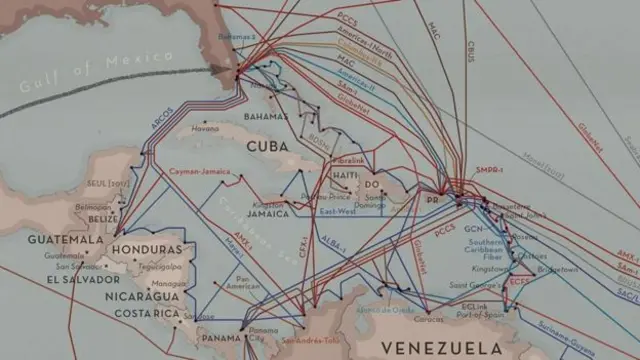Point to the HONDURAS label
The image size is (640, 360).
pyautogui.click(x=147, y=249)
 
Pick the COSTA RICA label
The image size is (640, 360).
pyautogui.click(x=146, y=314)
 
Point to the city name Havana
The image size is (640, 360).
pyautogui.click(x=205, y=129)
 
